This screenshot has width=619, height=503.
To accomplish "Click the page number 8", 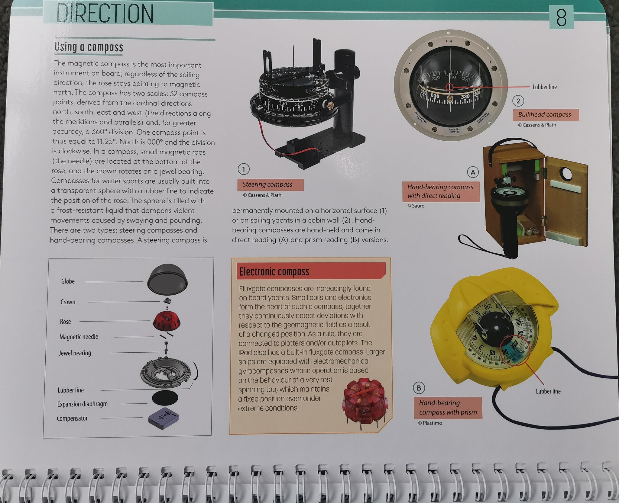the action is [x=561, y=18].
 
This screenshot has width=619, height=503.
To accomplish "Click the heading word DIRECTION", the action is [x=105, y=14].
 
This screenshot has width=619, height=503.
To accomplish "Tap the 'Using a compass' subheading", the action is [x=89, y=47].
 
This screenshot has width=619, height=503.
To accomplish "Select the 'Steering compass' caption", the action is [x=267, y=184].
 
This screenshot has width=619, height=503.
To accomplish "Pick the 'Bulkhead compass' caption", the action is [x=544, y=115].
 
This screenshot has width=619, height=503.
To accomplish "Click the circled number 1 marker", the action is [x=244, y=169].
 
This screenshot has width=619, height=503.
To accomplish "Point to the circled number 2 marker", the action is [x=518, y=101].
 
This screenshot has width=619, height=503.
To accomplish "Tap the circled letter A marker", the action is [x=473, y=172].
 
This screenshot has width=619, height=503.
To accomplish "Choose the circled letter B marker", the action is [x=419, y=388].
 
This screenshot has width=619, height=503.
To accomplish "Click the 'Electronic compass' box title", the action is [x=274, y=271].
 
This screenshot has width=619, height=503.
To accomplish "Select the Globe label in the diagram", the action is [x=68, y=281].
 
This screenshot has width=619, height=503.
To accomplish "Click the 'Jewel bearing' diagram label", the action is [x=75, y=353].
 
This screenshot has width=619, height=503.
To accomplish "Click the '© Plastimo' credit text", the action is [x=430, y=423].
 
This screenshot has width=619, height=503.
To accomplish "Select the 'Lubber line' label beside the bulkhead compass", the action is [x=545, y=87].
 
